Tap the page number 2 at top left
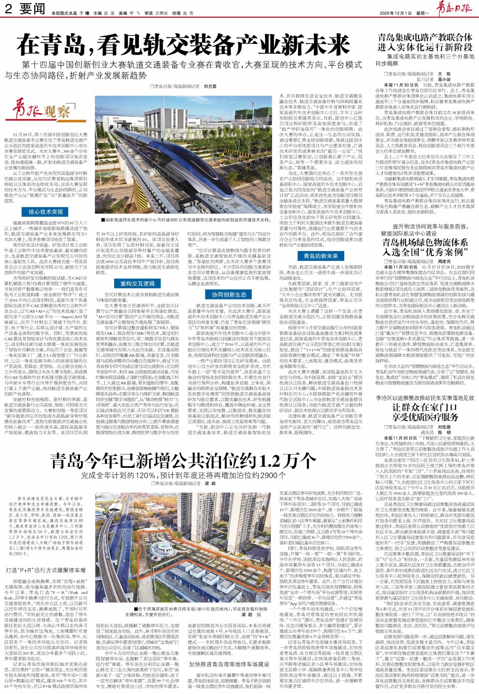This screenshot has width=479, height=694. (8, 9)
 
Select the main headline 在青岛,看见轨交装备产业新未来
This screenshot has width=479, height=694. (183, 45)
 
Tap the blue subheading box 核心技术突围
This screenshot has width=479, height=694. (45, 212)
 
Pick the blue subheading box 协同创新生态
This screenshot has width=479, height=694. (229, 294)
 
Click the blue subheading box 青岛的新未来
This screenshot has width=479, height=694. (320, 256)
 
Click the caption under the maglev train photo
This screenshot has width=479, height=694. (186, 220)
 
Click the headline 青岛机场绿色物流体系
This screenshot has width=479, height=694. (425, 242)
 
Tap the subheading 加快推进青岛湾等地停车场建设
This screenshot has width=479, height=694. (229, 664)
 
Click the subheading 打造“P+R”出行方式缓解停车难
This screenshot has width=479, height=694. (46, 570)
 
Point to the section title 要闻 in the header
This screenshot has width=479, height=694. (32, 9)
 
